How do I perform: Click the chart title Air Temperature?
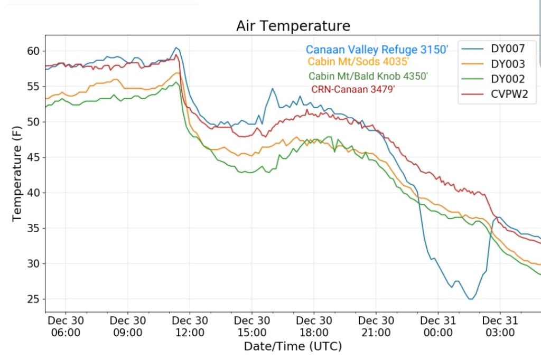click(x=293, y=26)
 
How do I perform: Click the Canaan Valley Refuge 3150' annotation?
click(x=377, y=50)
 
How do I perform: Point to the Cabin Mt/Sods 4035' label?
click(x=359, y=62)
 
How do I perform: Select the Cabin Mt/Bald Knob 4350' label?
click(x=368, y=76)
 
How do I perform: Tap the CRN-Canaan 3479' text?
click(x=353, y=89)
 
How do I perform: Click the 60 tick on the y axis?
click(x=33, y=51)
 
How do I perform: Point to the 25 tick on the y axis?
click(x=33, y=299)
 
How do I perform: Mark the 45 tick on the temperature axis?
click(x=33, y=157)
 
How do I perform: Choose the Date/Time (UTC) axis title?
click(x=293, y=347)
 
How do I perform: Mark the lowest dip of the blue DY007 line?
click(x=470, y=299)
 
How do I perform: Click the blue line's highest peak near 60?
click(x=177, y=48)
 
